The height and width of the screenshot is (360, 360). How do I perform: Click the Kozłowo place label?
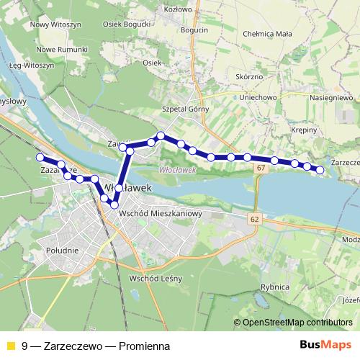click(177, 9)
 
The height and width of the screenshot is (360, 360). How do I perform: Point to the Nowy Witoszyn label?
click(53, 24)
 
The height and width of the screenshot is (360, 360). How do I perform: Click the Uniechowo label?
click(256, 97)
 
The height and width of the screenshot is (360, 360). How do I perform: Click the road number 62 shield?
click(255, 217)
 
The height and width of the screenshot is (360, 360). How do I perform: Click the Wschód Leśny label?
click(156, 278)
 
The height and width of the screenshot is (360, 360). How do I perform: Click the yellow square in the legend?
click(10, 345)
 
